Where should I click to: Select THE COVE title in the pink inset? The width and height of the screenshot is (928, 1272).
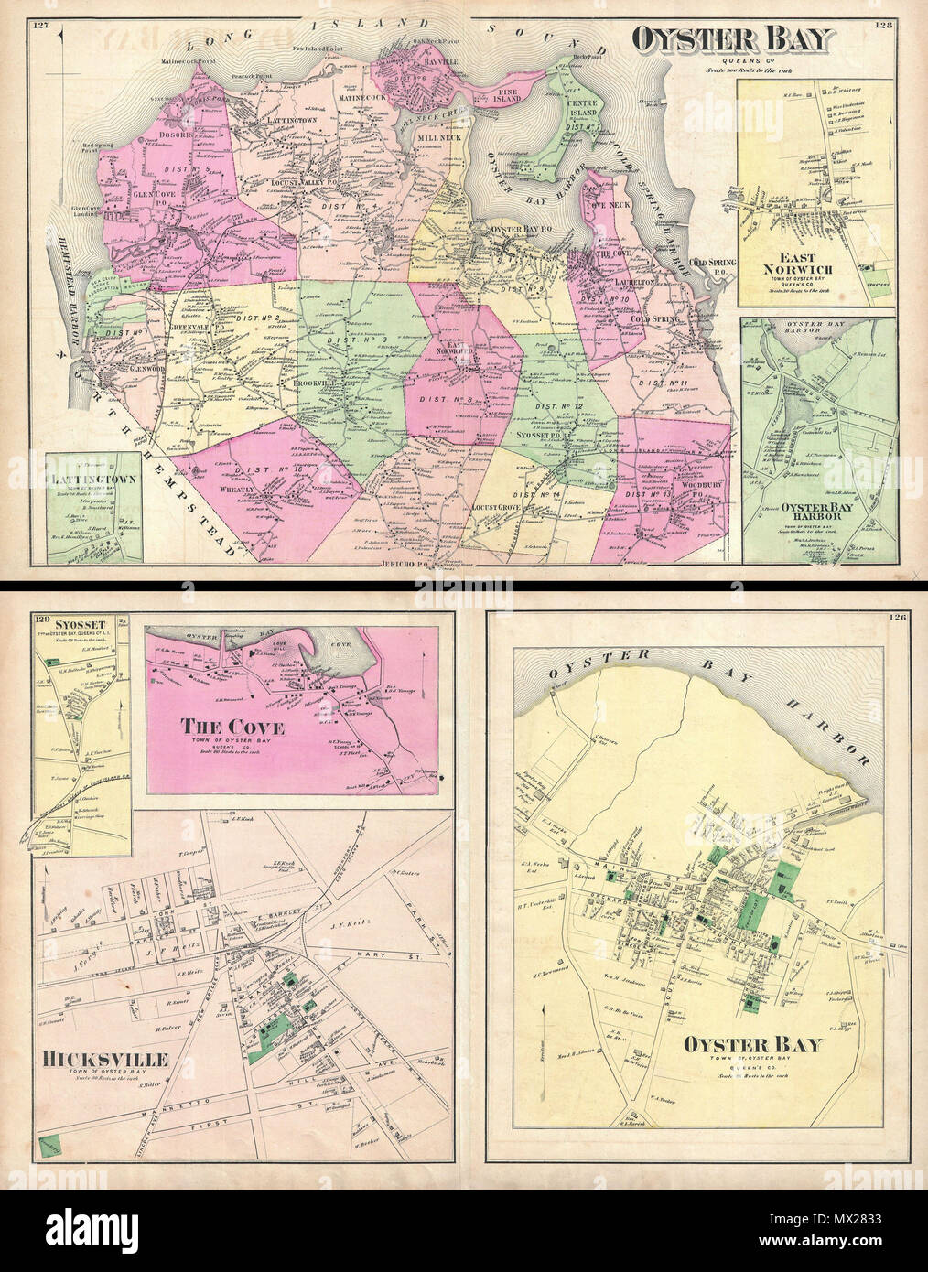pos(232,727)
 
